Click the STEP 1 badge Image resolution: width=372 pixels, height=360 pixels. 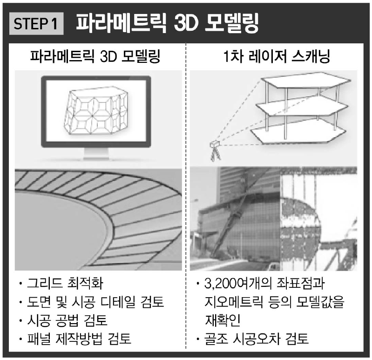tap(37, 24)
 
